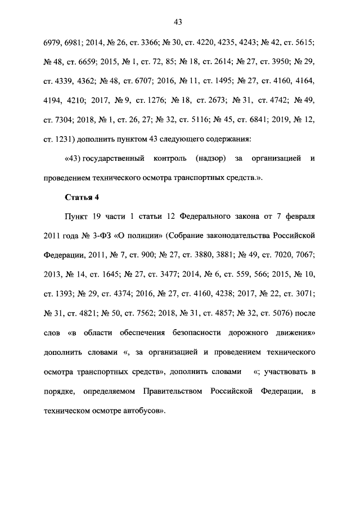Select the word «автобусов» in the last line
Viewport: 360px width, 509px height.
[143, 411]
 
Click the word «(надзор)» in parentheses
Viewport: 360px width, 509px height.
[211, 159]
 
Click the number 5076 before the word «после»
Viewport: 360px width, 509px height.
[286, 313]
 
